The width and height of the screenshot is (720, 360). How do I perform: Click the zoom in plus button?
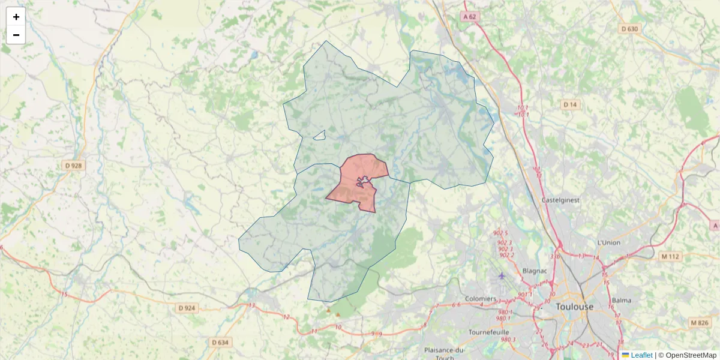point(16,17)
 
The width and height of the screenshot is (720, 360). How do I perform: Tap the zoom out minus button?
point(16,35)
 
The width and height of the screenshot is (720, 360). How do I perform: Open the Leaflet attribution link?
point(641,355)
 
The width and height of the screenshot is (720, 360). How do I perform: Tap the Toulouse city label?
point(574,307)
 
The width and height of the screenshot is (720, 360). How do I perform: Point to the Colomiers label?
point(481,299)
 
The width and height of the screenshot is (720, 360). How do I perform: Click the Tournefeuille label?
point(488,332)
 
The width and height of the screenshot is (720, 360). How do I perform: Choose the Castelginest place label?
point(560,200)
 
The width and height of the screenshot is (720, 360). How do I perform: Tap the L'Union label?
point(608,242)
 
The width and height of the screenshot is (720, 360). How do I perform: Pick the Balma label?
point(622,300)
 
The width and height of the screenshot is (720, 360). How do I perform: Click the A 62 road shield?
point(470,17)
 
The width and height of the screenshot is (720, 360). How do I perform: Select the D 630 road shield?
point(630,29)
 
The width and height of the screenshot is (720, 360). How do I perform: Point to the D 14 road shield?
point(570,105)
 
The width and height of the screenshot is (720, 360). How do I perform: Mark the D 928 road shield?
point(73,166)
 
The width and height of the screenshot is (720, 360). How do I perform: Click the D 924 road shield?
point(187,308)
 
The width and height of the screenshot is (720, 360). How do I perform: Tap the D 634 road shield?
point(220,342)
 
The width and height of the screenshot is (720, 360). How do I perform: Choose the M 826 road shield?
point(699,323)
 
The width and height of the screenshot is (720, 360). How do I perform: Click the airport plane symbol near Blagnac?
point(502,275)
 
